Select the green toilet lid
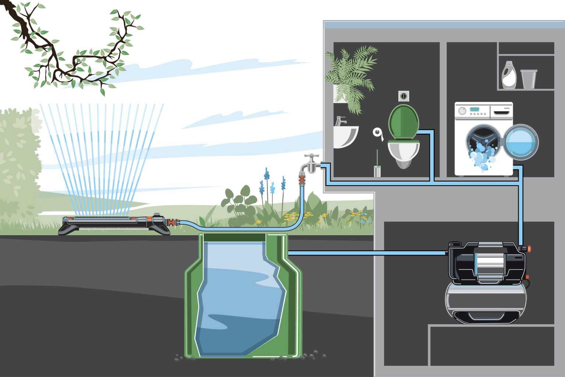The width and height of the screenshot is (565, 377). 404,121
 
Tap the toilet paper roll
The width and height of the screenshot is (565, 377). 378,133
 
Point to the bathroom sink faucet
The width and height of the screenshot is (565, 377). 340,121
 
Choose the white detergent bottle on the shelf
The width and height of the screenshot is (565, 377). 509,76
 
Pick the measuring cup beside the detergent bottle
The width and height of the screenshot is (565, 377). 529,79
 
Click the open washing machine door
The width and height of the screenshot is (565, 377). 521,142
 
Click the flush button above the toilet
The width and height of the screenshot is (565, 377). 404,96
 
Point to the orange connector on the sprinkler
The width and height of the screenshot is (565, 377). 171,223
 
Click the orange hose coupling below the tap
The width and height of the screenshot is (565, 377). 302,181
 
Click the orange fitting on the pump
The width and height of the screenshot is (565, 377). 529,249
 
